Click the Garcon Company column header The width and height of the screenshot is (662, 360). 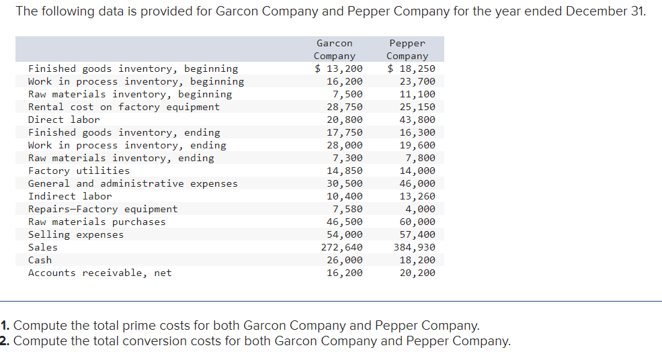[334, 50]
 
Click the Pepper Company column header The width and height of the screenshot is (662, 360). [407, 50]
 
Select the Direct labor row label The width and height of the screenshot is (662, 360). [64, 120]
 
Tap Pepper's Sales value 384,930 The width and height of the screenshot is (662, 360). [414, 247]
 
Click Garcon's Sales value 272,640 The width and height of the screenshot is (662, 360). [341, 247]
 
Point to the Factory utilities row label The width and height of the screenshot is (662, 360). [79, 171]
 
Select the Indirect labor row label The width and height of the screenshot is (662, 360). [70, 196]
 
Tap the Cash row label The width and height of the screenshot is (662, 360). [40, 260]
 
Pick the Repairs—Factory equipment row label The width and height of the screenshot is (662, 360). [103, 209]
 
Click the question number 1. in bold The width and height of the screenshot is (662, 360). [5, 326]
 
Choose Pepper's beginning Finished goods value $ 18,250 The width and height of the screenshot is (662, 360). [411, 69]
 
